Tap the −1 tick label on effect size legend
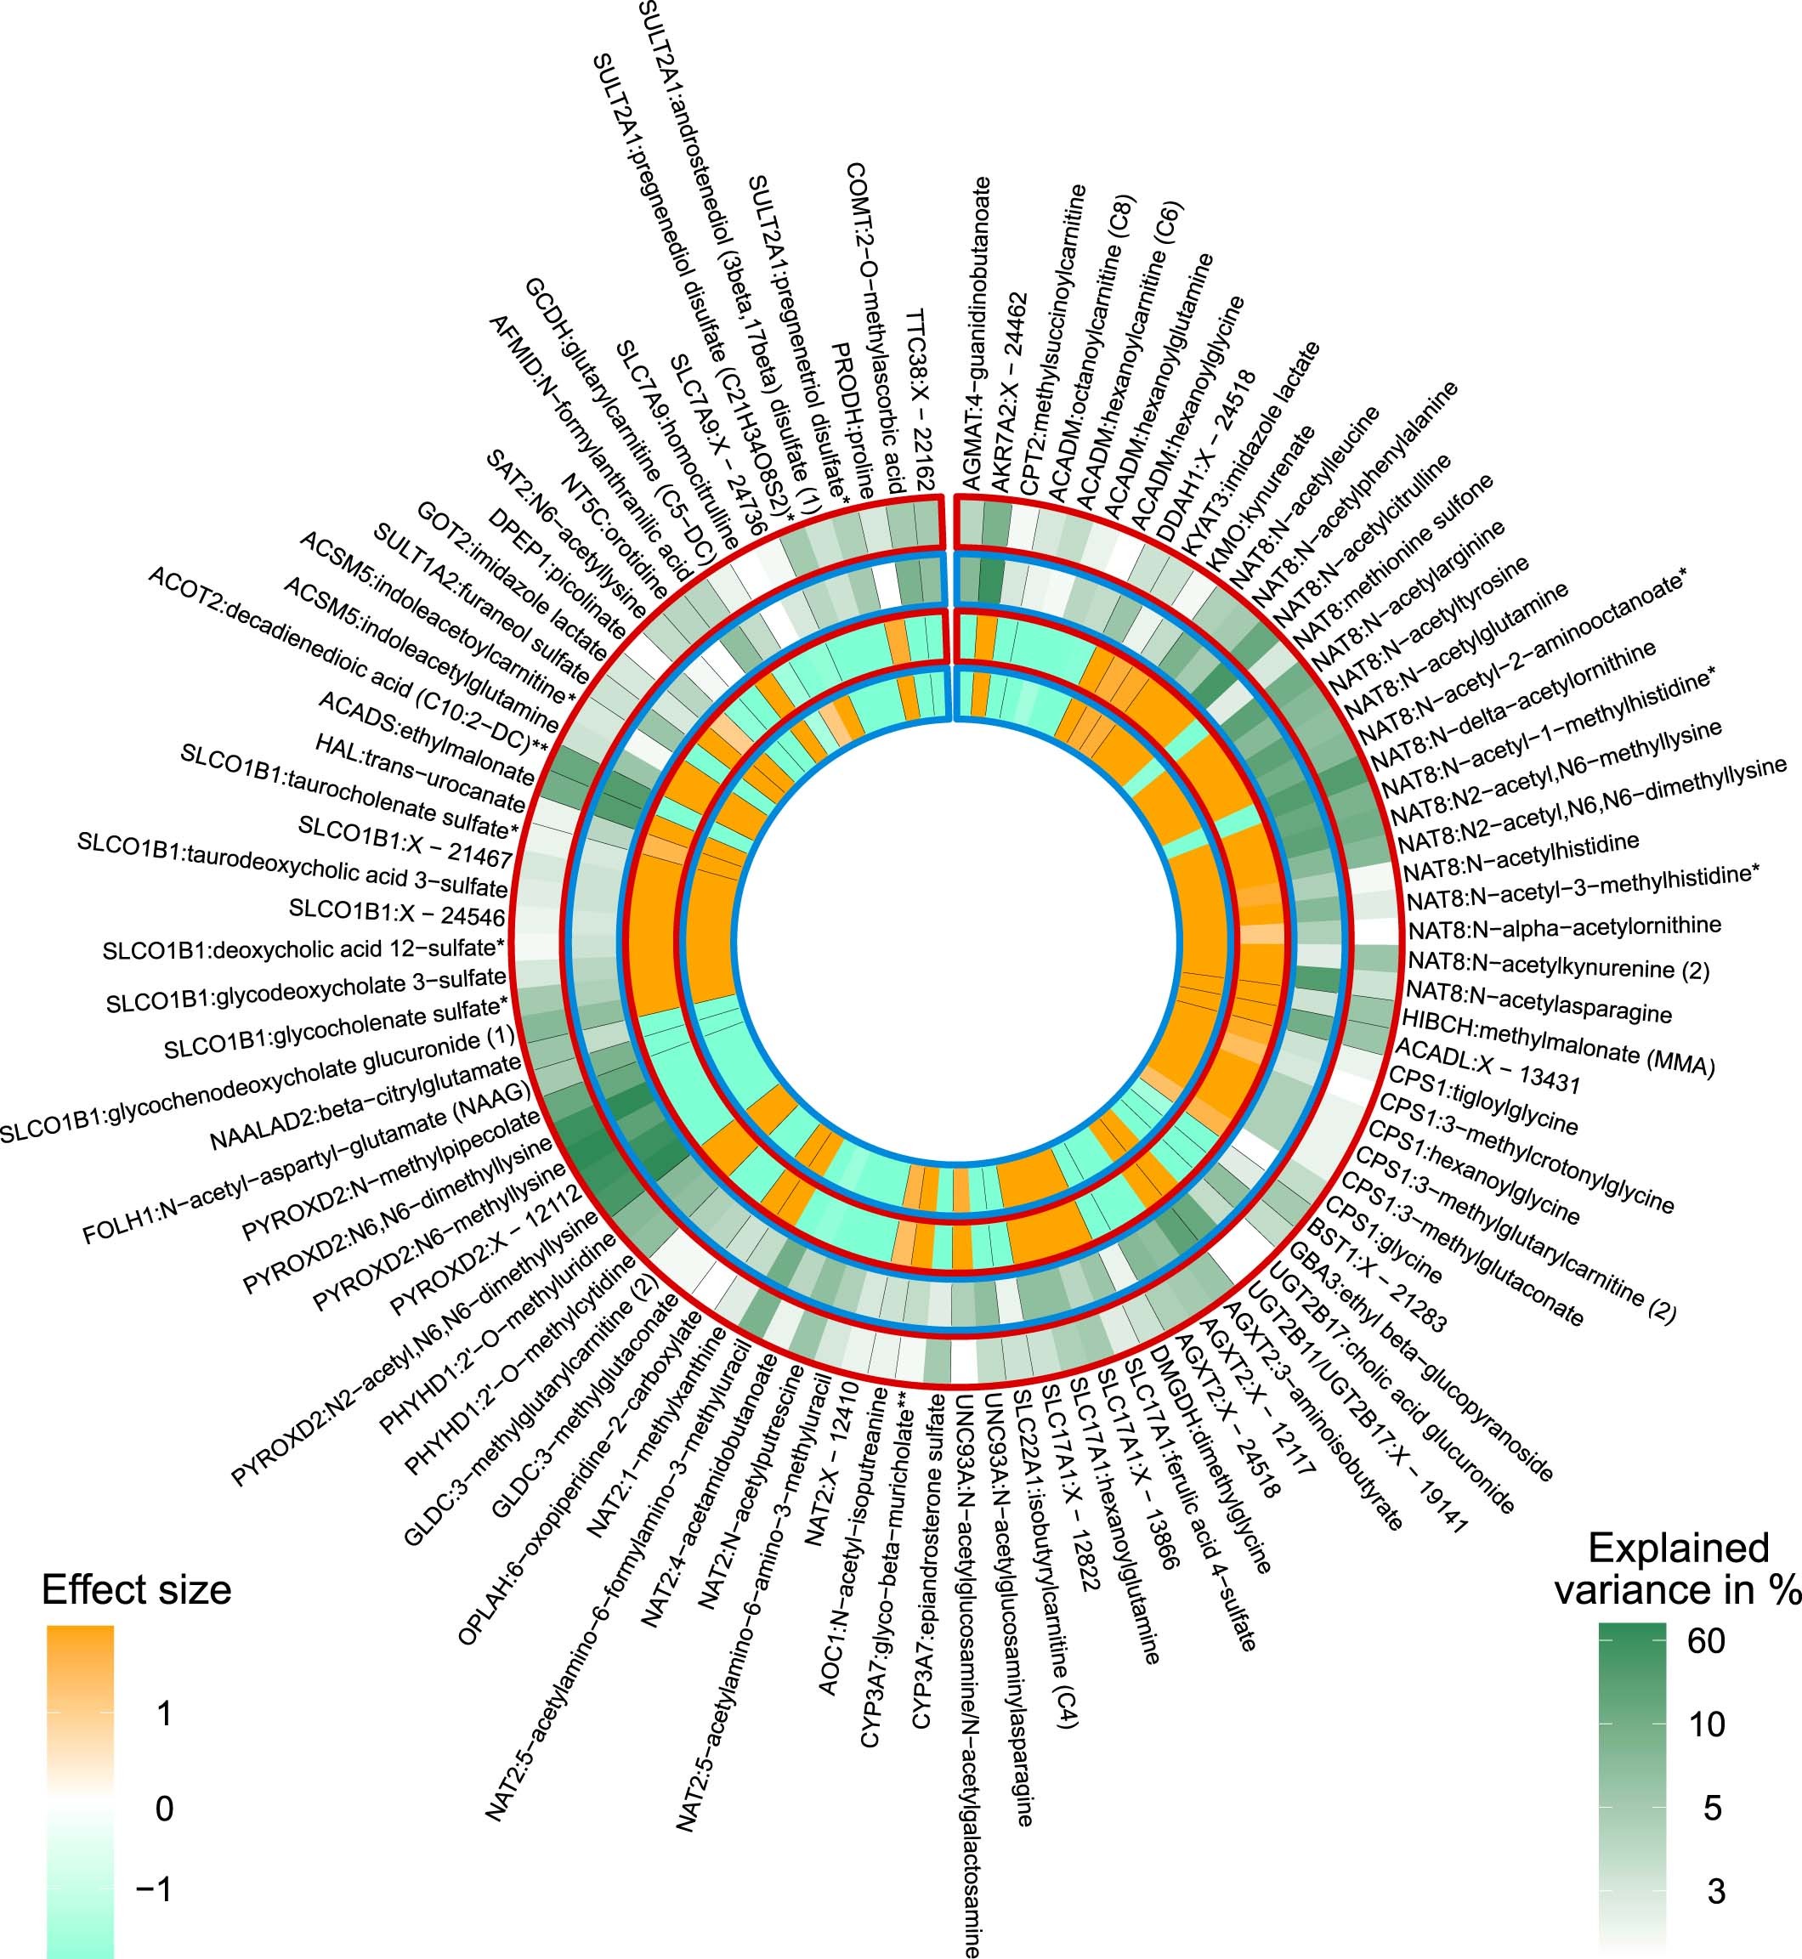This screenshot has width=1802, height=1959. [x=155, y=1888]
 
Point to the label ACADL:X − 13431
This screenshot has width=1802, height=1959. [x=1486, y=1067]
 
